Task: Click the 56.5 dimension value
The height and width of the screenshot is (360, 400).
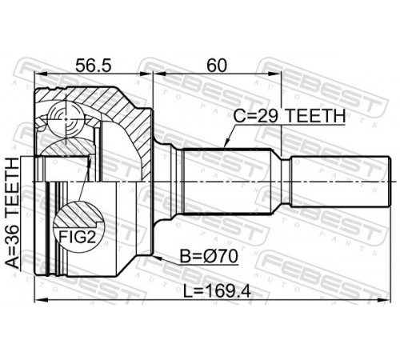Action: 93,66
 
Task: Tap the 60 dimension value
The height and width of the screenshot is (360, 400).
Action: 217,66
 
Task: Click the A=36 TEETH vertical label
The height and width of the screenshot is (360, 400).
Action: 13,213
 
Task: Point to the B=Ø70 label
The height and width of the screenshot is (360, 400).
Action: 209,257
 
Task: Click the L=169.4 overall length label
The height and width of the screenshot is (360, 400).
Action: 218,291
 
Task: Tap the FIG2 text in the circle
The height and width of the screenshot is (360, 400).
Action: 77,237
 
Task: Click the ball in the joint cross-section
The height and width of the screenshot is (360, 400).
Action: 66,119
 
